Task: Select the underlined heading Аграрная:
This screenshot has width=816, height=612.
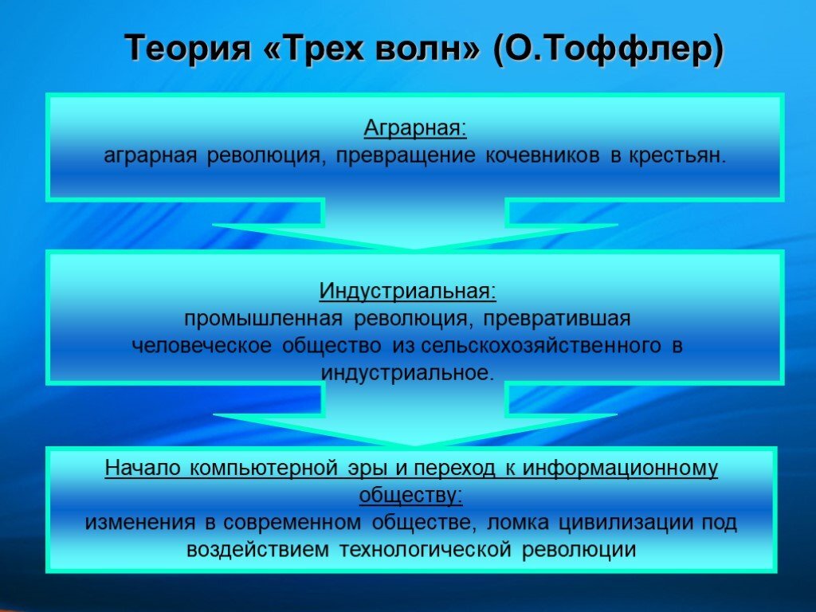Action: [x=414, y=128]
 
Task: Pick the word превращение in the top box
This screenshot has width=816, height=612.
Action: [x=406, y=155]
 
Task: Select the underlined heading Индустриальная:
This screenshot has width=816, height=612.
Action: [x=407, y=290]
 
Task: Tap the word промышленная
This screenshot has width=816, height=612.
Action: [x=263, y=318]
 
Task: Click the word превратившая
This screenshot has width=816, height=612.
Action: [x=557, y=318]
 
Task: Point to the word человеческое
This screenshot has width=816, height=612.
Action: [x=202, y=345]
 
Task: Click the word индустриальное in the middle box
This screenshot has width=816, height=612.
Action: [x=407, y=373]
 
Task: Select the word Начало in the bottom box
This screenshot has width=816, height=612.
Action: [x=142, y=468]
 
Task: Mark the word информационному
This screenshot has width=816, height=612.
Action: [x=620, y=469]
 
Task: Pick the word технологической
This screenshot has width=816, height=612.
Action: [x=426, y=549]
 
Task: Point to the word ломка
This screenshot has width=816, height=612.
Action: [x=517, y=522]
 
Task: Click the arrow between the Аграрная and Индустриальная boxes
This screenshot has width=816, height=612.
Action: [x=414, y=224]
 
